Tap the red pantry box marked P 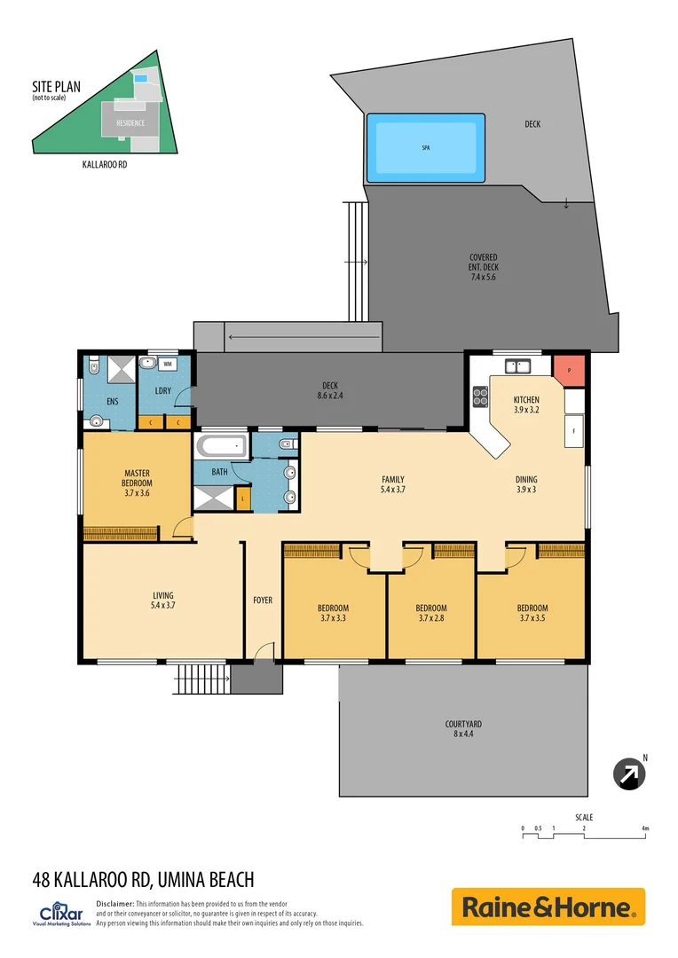pyautogui.click(x=568, y=369)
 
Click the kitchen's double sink pyautogui.click(x=516, y=365)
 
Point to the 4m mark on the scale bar pyautogui.click(x=646, y=829)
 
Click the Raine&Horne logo pyautogui.click(x=548, y=907)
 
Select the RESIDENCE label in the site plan pyautogui.click(x=130, y=123)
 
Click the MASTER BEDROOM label pyautogui.click(x=137, y=477)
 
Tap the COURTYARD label pyautogui.click(x=463, y=725)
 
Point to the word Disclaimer pyautogui.click(x=114, y=902)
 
